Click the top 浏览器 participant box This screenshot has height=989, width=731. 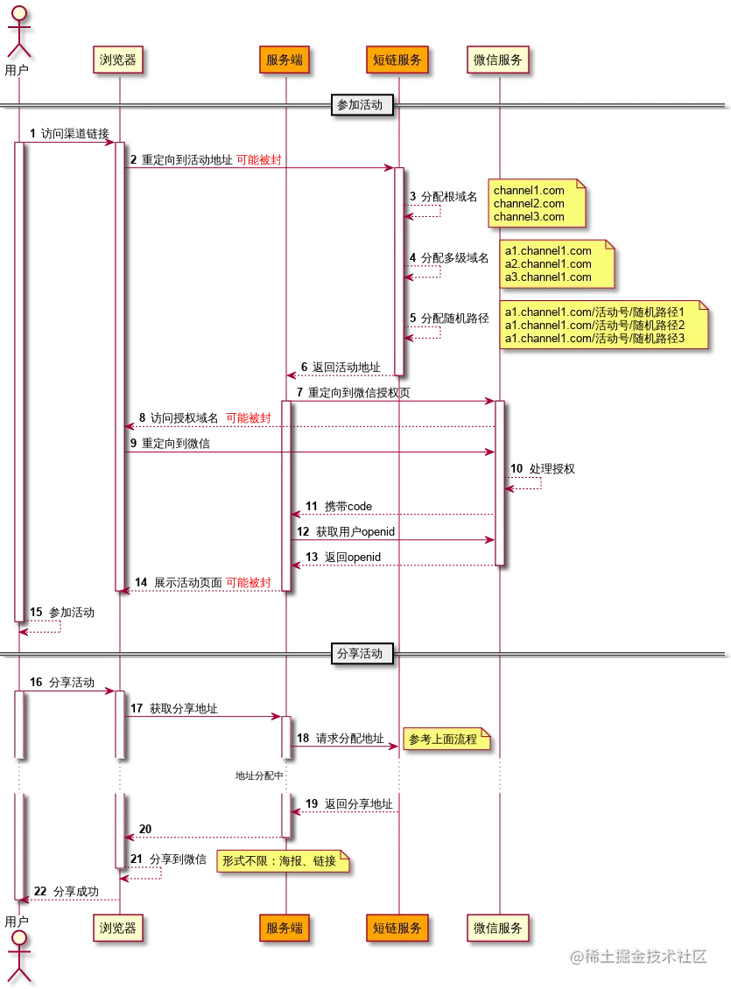click(x=117, y=60)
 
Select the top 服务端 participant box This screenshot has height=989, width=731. click(x=285, y=60)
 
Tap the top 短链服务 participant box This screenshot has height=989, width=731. click(x=397, y=60)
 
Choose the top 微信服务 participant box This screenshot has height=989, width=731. click(x=498, y=60)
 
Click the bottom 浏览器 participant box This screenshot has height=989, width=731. click(x=117, y=928)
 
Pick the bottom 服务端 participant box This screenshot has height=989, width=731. click(x=285, y=928)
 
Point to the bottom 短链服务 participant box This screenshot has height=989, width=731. click(x=397, y=928)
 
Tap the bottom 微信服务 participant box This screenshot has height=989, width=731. click(x=498, y=928)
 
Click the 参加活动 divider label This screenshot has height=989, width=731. click(x=360, y=105)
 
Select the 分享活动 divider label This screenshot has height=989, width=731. click(x=360, y=653)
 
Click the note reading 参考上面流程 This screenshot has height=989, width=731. click(x=443, y=740)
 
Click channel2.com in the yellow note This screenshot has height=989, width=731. click(x=529, y=203)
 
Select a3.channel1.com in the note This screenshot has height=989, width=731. click(x=548, y=277)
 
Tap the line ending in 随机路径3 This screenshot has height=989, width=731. click(x=595, y=338)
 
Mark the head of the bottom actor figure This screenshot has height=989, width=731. click(x=18, y=939)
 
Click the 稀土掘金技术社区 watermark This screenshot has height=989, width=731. click(x=637, y=955)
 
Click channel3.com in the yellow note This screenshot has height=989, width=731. click(x=529, y=216)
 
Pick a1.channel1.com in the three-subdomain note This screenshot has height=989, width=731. click(x=548, y=251)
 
